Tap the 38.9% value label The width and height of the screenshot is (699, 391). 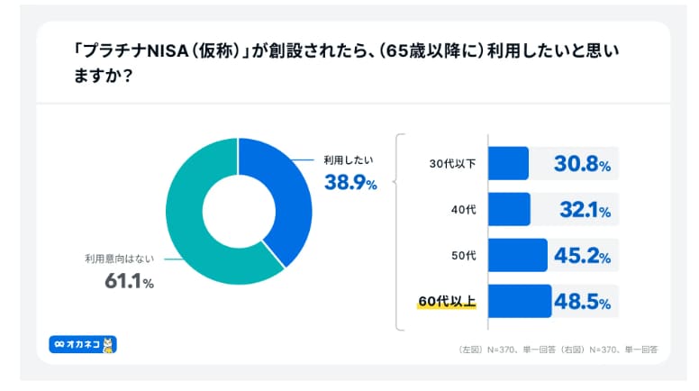coord(350,182)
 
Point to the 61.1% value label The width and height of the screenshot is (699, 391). coord(130,281)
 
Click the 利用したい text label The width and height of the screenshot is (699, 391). coord(349,160)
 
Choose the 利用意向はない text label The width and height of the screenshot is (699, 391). coord(120,259)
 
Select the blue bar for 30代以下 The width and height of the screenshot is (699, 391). coord(508,163)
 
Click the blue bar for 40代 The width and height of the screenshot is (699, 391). coord(509,209)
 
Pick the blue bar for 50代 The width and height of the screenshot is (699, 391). coord(518,255)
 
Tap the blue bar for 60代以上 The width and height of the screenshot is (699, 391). coord(520,301)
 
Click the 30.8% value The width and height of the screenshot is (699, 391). coord(582,164)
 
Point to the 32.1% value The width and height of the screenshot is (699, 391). coord(586,210)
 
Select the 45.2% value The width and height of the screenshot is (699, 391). coord(582,256)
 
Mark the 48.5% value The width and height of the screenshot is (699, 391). coord(582,302)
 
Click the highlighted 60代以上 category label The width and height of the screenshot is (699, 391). coord(447,302)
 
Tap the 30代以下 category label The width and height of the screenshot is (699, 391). coord(452,164)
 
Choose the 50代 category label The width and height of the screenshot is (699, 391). coord(464,256)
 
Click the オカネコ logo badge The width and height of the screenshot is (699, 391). coord(83,345)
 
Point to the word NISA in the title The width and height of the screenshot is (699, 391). coord(168,51)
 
